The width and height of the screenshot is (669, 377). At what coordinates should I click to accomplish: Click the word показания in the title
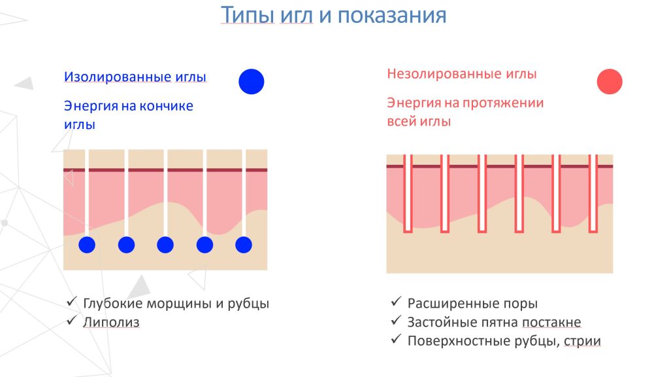click(392, 16)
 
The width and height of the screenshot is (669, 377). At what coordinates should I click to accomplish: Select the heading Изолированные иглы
click(135, 77)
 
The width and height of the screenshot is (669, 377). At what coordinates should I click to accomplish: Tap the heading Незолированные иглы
click(462, 74)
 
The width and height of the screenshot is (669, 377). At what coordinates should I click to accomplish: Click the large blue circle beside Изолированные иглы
click(252, 82)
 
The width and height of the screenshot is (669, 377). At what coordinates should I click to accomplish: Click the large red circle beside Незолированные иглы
click(610, 81)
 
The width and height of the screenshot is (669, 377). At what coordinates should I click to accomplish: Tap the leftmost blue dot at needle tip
click(87, 245)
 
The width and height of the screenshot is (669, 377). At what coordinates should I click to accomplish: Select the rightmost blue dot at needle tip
click(244, 245)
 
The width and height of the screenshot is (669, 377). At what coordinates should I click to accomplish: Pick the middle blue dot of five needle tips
click(165, 245)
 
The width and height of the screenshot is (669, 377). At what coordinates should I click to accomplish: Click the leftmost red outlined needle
click(408, 194)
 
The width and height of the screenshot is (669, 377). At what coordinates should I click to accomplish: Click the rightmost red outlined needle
click(593, 194)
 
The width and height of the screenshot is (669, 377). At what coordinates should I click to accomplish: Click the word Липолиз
click(111, 322)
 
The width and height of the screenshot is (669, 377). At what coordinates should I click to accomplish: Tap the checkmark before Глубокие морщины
click(72, 302)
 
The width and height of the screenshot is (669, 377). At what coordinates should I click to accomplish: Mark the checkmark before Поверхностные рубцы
click(397, 340)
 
